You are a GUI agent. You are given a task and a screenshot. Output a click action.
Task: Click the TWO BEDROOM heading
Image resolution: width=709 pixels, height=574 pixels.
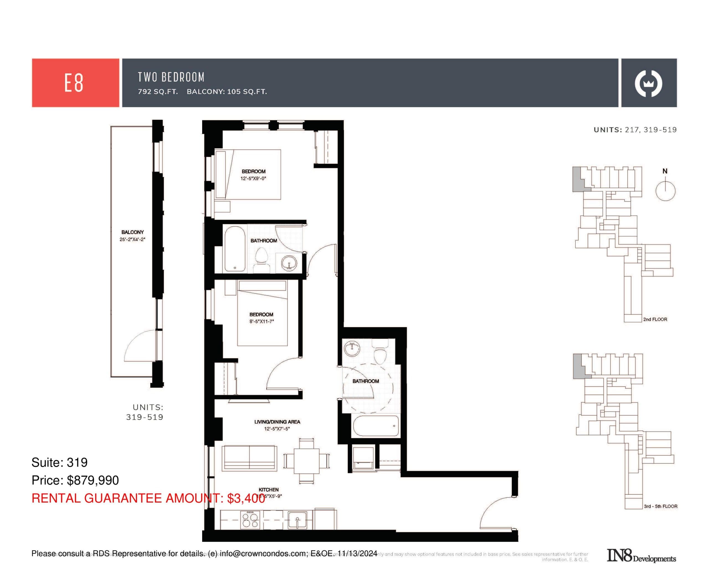pos(171,77)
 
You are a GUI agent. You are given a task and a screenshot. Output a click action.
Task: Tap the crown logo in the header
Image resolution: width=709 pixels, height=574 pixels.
pos(648,83)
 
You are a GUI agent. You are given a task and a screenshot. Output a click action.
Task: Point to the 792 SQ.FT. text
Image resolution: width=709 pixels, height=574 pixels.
pos(158,92)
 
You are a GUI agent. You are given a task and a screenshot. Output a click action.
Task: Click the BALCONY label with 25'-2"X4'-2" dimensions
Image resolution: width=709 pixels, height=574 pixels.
pos(132,232)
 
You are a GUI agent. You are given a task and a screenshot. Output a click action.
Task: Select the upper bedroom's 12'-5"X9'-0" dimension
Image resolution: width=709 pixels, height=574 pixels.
pos(253,178)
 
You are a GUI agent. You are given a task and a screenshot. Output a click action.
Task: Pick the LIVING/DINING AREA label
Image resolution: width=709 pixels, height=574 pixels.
pos(277,422)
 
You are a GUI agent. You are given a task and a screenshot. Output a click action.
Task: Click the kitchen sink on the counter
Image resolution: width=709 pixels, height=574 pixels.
pos(297,520)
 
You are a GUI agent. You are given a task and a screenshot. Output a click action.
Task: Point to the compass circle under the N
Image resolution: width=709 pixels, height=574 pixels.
pos(665,191)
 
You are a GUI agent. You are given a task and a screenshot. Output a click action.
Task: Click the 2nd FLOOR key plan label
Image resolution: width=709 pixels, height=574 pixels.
pos(655,320)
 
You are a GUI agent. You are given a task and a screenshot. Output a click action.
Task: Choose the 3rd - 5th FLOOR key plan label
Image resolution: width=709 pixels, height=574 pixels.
pos(660,506)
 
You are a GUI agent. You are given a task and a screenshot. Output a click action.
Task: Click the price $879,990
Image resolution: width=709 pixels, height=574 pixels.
pos(93,480)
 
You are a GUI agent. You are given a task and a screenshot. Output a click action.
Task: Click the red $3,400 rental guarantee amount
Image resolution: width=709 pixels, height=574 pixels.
pos(246,498)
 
